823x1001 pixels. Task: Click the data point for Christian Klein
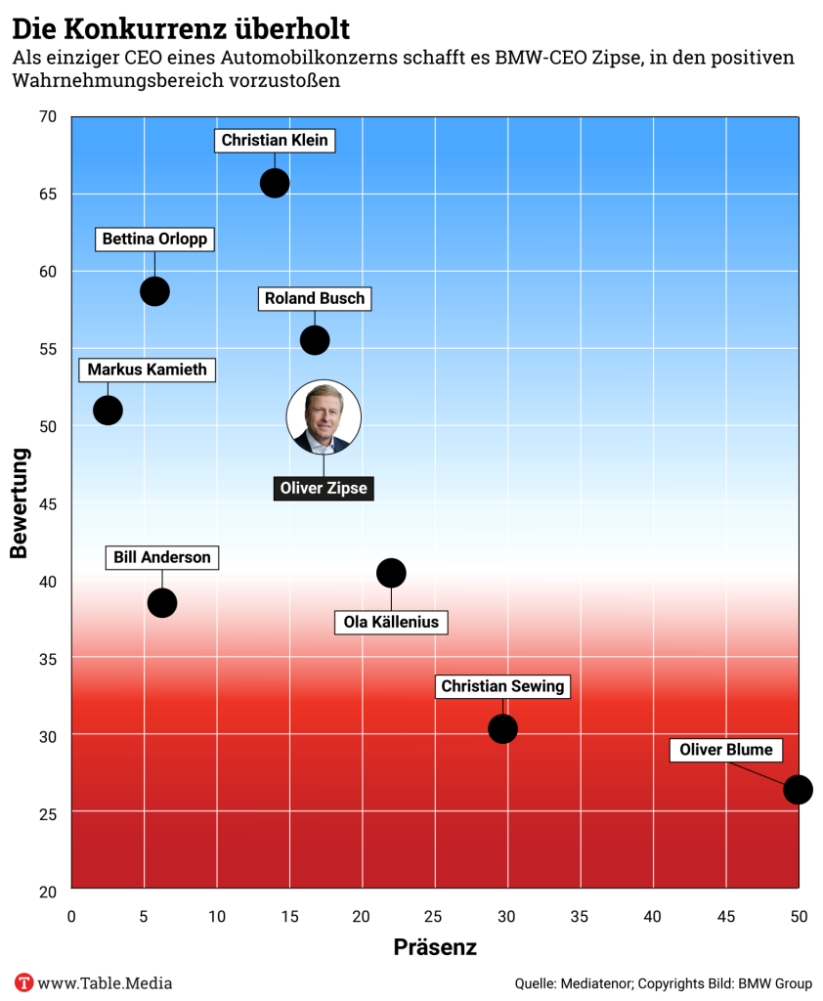click(275, 183)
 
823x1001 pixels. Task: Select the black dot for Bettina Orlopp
click(154, 291)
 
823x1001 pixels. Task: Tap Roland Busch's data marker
click(315, 340)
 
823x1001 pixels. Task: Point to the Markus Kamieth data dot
click(108, 411)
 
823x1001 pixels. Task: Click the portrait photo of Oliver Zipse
click(324, 417)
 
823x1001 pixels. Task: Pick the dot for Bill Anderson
click(162, 603)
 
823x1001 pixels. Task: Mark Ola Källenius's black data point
click(391, 573)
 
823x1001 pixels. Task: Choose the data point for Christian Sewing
click(502, 728)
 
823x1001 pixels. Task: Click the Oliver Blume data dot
click(798, 790)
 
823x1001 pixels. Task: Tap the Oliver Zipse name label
click(324, 489)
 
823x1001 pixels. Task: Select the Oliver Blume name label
click(726, 751)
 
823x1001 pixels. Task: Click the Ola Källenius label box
click(391, 622)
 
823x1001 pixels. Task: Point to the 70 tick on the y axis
click(50, 117)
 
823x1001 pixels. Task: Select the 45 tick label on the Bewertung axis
click(50, 503)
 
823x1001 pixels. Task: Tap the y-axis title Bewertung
click(19, 503)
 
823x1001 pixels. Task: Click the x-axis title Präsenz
click(435, 947)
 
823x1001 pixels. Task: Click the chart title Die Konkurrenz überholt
click(181, 26)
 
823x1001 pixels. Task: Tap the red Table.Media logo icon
click(24, 982)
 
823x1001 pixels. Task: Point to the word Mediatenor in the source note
click(595, 983)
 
